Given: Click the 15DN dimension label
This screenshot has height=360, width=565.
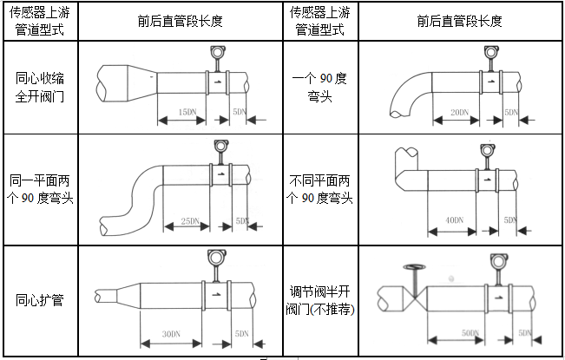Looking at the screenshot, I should pyautogui.click(x=185, y=113).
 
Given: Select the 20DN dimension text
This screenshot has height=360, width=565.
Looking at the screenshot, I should pyautogui.click(x=460, y=113).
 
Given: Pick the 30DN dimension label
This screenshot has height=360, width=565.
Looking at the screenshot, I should pyautogui.click(x=170, y=333).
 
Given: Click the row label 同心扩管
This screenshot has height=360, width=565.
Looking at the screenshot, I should pyautogui.click(x=39, y=301).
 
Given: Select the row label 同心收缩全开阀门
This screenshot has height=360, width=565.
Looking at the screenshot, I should pyautogui.click(x=39, y=87).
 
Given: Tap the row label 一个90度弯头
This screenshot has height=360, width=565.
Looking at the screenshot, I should pyautogui.click(x=320, y=87).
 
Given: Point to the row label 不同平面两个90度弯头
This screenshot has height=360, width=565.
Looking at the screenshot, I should pyautogui.click(x=320, y=190).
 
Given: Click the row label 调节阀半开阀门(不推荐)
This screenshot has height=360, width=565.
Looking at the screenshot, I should pyautogui.click(x=320, y=301).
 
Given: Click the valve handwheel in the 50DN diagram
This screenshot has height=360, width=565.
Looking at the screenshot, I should pyautogui.click(x=414, y=267).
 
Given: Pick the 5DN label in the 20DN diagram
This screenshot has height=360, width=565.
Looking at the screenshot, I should pyautogui.click(x=511, y=113).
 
